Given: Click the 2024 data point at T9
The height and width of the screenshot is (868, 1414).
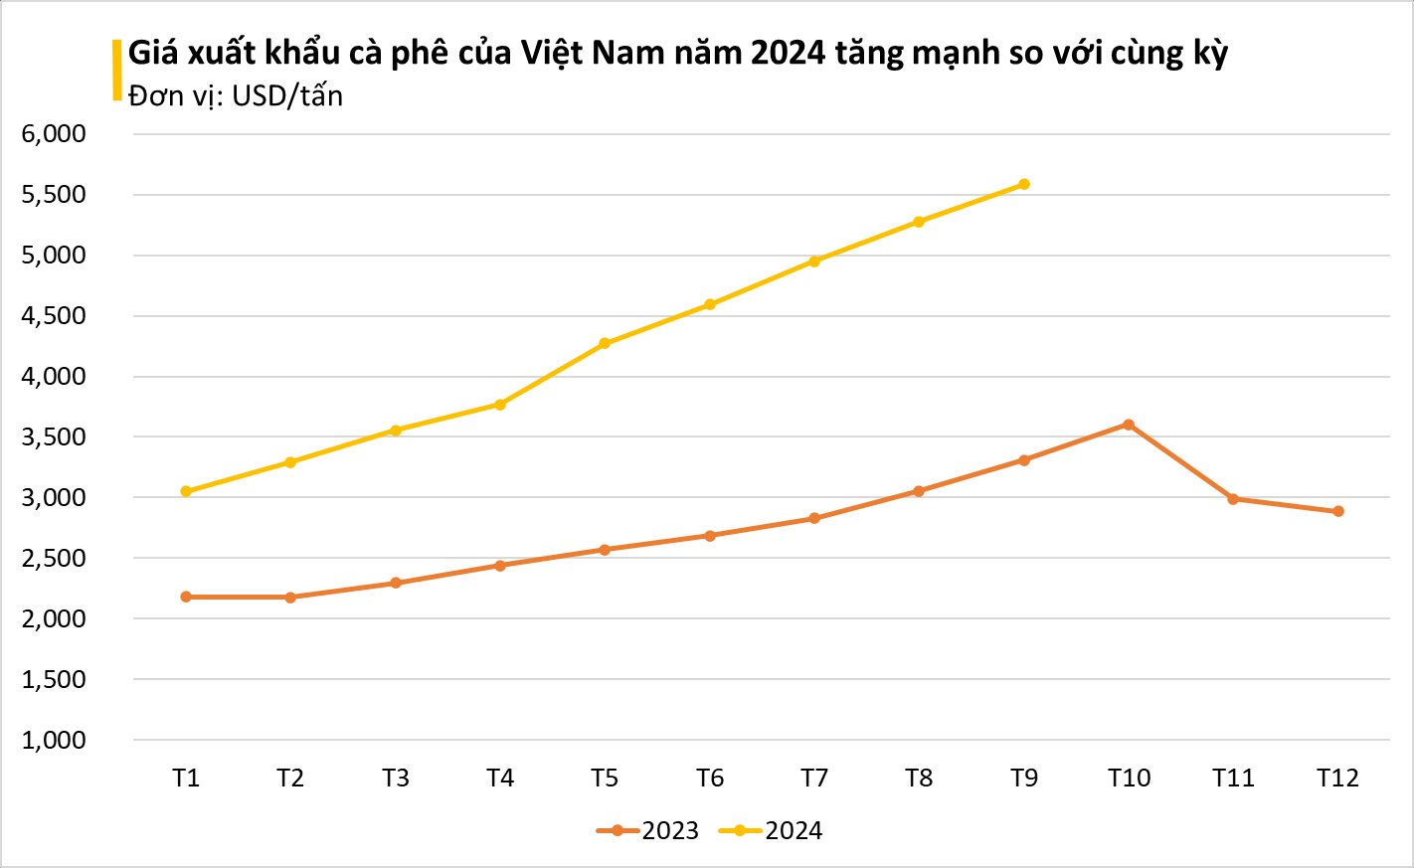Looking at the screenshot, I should tap(1023, 184).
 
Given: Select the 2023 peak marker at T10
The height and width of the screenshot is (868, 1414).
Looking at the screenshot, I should tap(1129, 425).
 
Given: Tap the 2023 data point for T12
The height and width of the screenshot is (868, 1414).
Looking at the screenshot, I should tap(1337, 511).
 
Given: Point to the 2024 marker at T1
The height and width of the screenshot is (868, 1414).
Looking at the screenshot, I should tap(186, 491).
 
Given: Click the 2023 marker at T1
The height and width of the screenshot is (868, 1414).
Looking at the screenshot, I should tap(186, 597).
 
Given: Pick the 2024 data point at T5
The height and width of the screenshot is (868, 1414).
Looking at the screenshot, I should tap(605, 344).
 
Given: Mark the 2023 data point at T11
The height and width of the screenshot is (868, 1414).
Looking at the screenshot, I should tap(1233, 499).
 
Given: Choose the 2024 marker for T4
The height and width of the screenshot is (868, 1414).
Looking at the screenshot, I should tap(500, 405).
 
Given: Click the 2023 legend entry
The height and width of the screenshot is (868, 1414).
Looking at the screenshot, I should tap(648, 831).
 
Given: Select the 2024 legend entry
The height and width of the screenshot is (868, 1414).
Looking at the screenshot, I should tap(772, 831).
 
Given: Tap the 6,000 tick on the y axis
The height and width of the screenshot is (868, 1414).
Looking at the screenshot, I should tap(54, 133).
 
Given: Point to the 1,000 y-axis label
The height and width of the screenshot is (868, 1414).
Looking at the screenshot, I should tap(54, 740).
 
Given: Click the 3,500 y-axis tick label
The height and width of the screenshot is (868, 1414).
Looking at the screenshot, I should tap(54, 436).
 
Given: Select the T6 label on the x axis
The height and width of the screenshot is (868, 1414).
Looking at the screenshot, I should tap(710, 778).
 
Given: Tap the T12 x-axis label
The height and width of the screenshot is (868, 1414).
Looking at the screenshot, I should tap(1337, 778).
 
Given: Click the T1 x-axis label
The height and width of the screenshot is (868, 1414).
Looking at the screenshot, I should tap(186, 778).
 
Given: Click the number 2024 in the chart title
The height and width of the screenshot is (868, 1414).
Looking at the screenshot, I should tap(788, 53).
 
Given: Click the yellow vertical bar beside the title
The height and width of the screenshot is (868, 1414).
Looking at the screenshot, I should tap(117, 70).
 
